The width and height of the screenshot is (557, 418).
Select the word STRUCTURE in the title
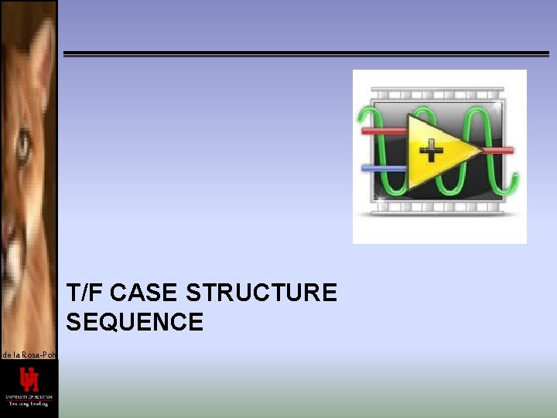click(261, 293)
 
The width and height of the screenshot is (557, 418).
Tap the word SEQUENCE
click(135, 322)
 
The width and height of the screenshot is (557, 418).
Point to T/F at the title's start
click(84, 293)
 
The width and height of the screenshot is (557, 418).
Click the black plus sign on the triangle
click(431, 149)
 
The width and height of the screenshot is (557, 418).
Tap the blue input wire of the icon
click(384, 168)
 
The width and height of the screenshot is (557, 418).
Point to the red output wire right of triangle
click(499, 150)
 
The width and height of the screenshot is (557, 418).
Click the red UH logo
click(29, 379)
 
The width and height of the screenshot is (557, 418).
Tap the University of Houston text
click(29, 396)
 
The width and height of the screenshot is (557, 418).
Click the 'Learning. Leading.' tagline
click(29, 403)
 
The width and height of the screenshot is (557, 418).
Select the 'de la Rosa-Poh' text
click(29, 355)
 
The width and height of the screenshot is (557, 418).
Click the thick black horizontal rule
click(306, 54)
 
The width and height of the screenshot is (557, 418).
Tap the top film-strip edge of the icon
click(439, 93)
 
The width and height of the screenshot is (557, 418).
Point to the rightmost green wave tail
click(511, 182)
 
